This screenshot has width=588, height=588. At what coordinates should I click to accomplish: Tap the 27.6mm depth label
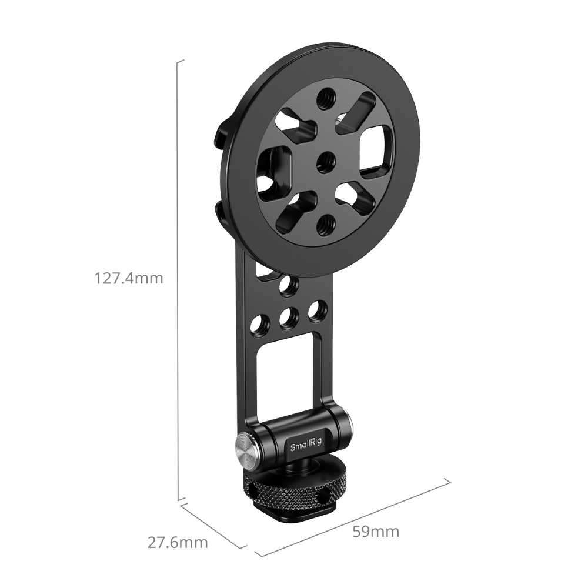tap(177, 542)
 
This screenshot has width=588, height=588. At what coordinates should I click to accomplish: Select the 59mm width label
tap(376, 532)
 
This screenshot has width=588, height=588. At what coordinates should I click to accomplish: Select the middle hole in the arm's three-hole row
tap(288, 318)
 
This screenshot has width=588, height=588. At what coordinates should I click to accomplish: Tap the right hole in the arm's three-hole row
tap(317, 310)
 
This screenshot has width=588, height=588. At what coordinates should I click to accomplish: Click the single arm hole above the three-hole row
tap(288, 285)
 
